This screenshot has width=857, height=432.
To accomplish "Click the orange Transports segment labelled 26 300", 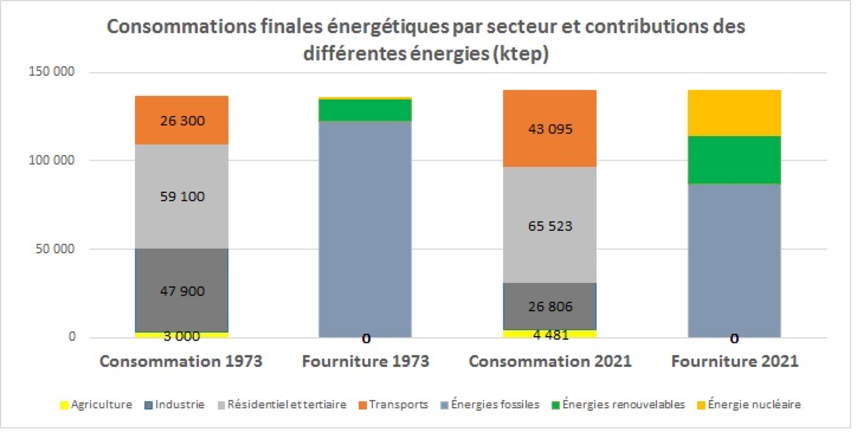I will [x=182, y=121].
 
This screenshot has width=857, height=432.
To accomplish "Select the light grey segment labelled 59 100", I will [x=182, y=197].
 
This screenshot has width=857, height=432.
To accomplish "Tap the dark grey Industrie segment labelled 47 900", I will [x=182, y=291].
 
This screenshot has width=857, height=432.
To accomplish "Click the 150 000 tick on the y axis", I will [x=51, y=72].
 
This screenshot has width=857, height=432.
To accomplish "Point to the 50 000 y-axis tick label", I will [x=55, y=249].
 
